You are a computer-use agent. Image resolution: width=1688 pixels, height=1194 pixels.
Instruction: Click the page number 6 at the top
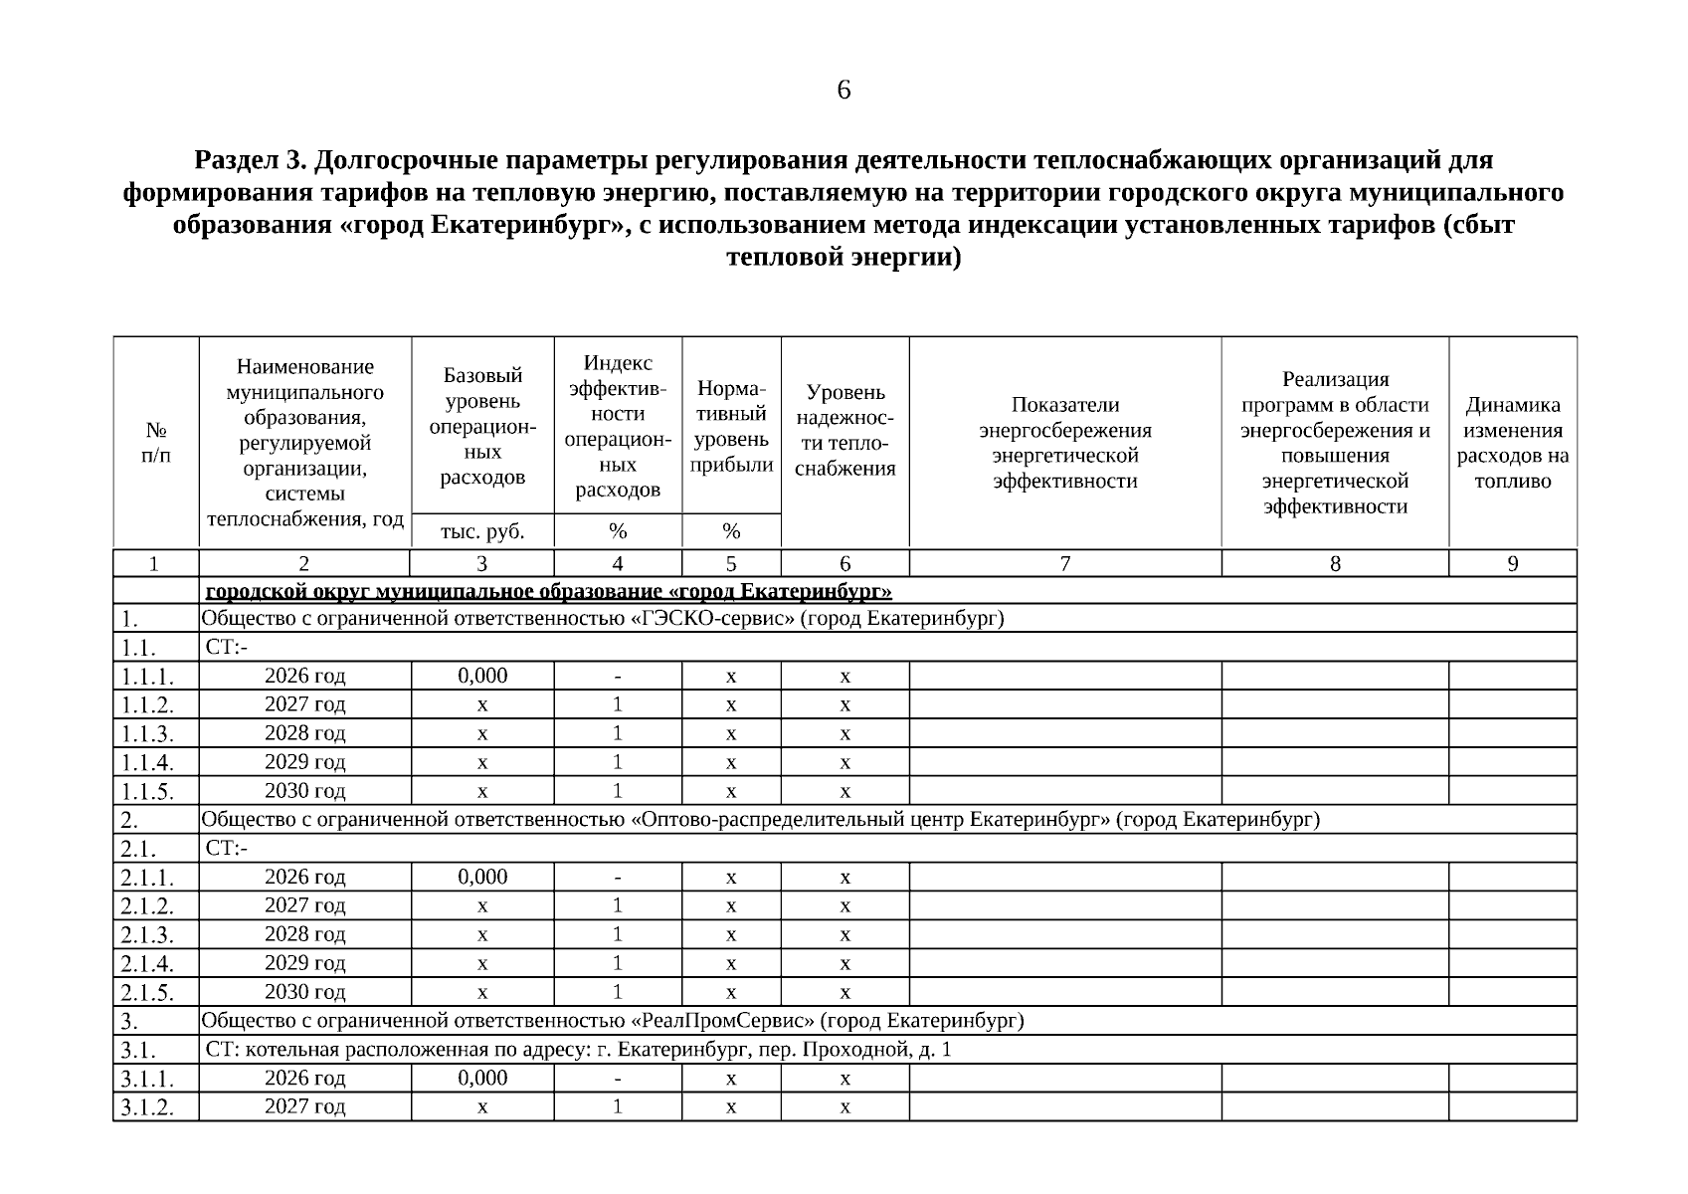pos(844,91)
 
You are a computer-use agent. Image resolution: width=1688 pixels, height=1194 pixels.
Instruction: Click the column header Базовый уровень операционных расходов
pos(482,426)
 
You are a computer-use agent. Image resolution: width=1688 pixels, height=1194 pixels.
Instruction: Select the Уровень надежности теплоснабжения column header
pos(844,430)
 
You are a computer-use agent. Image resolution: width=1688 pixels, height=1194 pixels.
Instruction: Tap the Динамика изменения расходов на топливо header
pos(1512,443)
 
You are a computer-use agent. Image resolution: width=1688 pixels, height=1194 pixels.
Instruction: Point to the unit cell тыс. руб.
pos(482,531)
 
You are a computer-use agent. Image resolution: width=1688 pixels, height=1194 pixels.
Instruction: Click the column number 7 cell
pos(1064,564)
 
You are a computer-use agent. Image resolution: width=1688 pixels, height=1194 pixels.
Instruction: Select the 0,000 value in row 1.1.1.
pos(482,676)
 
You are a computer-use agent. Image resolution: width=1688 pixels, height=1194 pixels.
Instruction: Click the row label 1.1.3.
pos(147,734)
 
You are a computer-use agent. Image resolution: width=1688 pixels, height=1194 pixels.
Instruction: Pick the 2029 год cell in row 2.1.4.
pos(304,963)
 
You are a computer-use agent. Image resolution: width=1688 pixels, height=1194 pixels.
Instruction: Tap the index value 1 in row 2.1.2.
pos(618,905)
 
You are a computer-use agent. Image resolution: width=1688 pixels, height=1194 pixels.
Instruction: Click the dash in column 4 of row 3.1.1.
pos(618,1079)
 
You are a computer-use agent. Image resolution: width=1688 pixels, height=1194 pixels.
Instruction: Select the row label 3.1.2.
pos(147,1107)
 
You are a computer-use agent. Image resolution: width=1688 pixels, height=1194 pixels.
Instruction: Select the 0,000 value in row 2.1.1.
pos(482,877)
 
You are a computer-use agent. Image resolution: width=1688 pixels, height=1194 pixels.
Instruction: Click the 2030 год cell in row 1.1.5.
pos(304,791)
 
